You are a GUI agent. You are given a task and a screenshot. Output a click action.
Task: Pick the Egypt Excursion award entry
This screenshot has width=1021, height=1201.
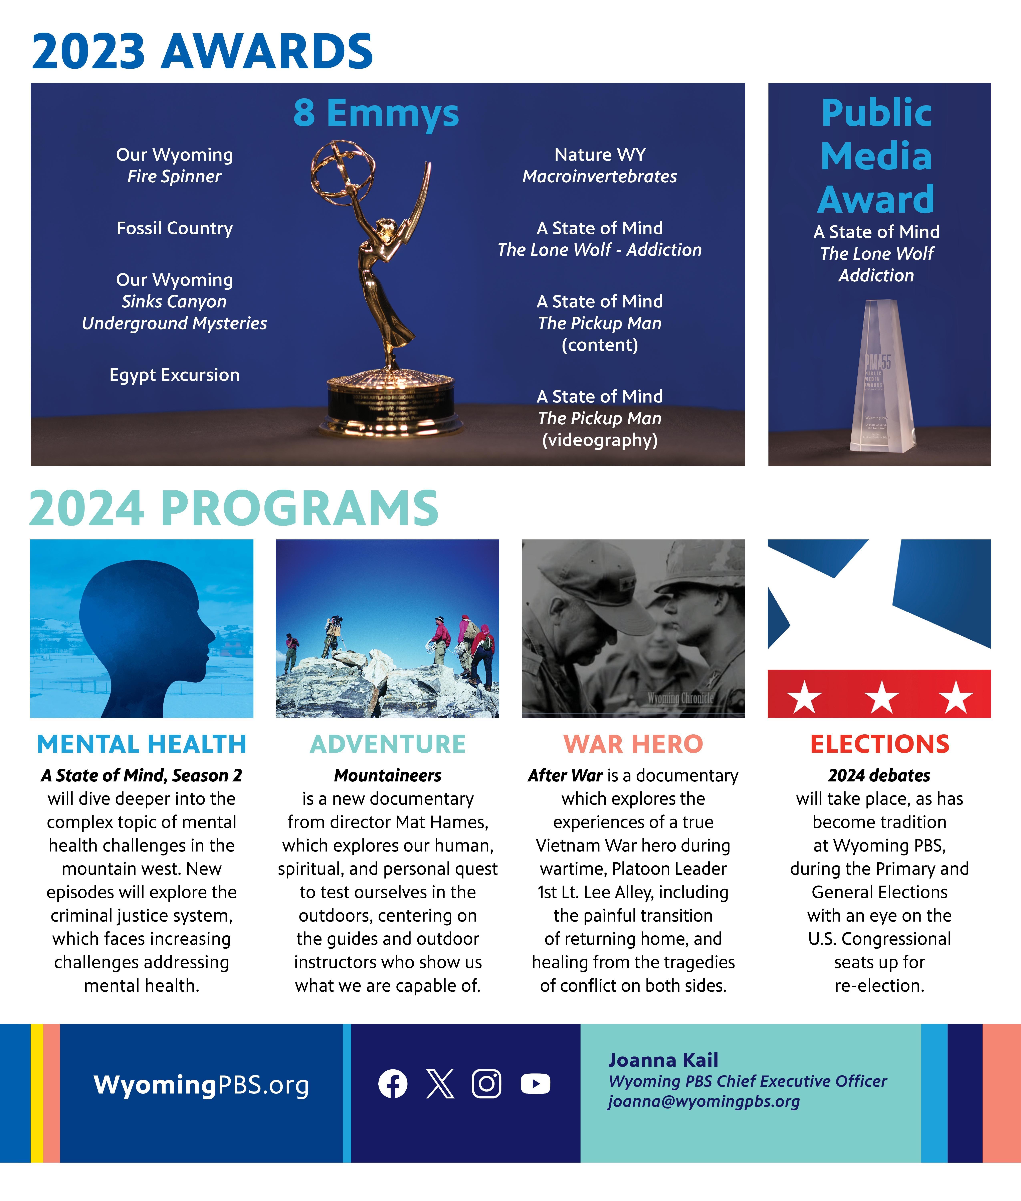174,375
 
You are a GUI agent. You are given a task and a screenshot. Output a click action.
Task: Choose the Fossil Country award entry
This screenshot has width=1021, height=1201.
174,228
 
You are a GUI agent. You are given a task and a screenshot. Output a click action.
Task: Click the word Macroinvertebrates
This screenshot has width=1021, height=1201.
600,177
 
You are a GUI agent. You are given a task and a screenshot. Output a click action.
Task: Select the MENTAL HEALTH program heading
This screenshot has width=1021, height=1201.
142,744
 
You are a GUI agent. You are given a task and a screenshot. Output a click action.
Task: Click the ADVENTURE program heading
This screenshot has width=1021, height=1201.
388,744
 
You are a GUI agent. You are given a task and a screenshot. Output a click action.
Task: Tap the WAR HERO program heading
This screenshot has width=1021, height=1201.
633,744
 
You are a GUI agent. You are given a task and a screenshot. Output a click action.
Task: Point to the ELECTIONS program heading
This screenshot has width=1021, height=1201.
879,744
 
